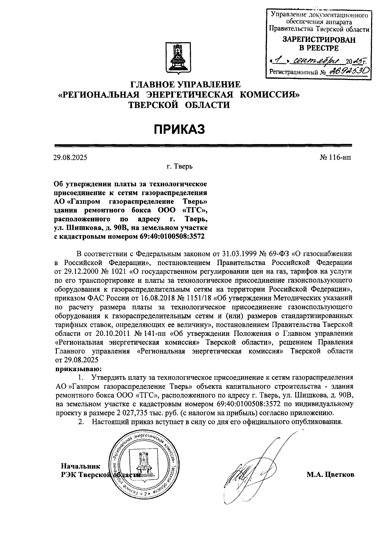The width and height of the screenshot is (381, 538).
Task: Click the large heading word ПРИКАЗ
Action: pyautogui.click(x=180, y=129)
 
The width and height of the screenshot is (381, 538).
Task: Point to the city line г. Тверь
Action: pyautogui.click(x=180, y=166)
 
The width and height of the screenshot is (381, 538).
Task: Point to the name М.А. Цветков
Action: pyautogui.click(x=330, y=475)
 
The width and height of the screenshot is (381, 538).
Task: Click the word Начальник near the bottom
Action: pyautogui.click(x=81, y=466)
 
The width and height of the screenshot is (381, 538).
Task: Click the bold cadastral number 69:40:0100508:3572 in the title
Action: pyautogui.click(x=172, y=236)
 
